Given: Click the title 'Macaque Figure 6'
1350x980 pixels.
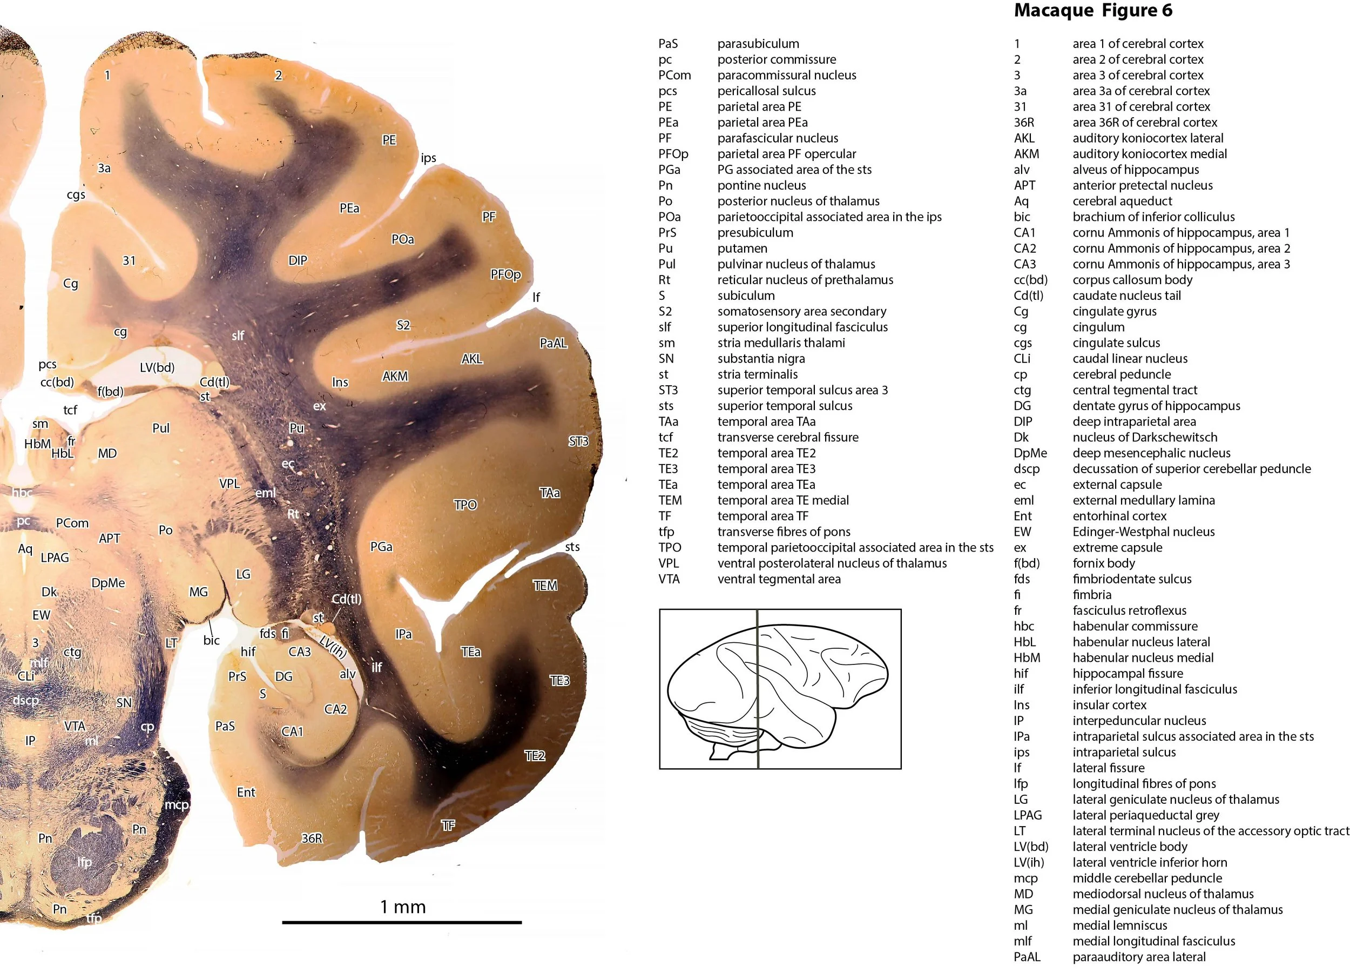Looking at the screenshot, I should pos(1093,11).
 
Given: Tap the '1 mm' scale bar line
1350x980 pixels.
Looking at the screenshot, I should pos(402,922).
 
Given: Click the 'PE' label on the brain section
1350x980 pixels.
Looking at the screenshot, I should pos(389,140).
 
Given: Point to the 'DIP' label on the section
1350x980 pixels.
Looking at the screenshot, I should pos(298,260).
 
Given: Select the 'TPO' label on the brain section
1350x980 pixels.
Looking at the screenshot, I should pos(465,505).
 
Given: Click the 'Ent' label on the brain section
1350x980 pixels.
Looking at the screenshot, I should pos(246,792).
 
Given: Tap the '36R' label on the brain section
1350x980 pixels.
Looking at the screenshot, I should pos(312,838).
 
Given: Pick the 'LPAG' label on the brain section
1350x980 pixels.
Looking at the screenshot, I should pos(55,558).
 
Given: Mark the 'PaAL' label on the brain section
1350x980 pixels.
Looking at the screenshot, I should pos(553,343).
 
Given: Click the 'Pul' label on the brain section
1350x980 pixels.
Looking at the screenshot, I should pos(161,428).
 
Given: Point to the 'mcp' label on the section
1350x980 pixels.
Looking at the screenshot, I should pos(176,804).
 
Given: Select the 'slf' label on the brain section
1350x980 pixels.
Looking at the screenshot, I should pos(238,336).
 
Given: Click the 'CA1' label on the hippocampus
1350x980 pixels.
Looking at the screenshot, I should pos(292,731).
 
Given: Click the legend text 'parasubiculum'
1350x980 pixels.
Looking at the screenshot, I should pos(758,43).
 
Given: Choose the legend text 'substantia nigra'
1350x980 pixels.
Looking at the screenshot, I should pos(761,358).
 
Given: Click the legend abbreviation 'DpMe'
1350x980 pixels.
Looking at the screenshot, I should pos(1030,453).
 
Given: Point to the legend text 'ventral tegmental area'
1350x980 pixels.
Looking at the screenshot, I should pos(779,579).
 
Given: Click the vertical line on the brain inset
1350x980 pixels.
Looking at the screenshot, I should pos(757,688).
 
